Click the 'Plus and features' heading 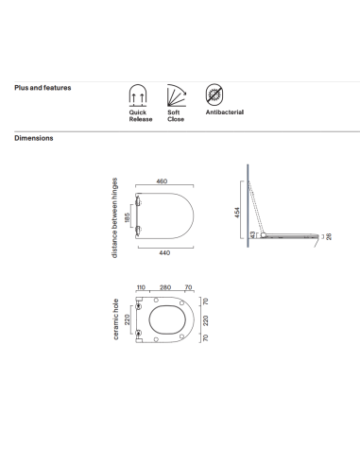coord(43,88)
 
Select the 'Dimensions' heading coord(34,138)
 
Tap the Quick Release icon coord(138,95)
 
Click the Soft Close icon coord(177,95)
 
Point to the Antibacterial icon coord(214,95)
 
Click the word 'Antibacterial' coord(225,112)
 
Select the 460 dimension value coord(162,181)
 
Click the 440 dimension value coord(164,252)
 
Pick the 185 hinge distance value coord(127,217)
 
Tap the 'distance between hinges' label coord(114,217)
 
